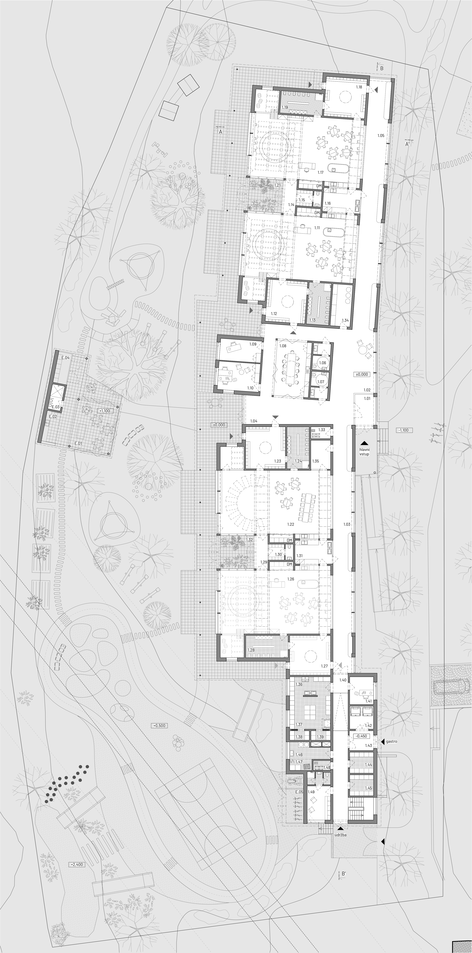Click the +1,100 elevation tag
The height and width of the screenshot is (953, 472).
(x=104, y=411)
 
